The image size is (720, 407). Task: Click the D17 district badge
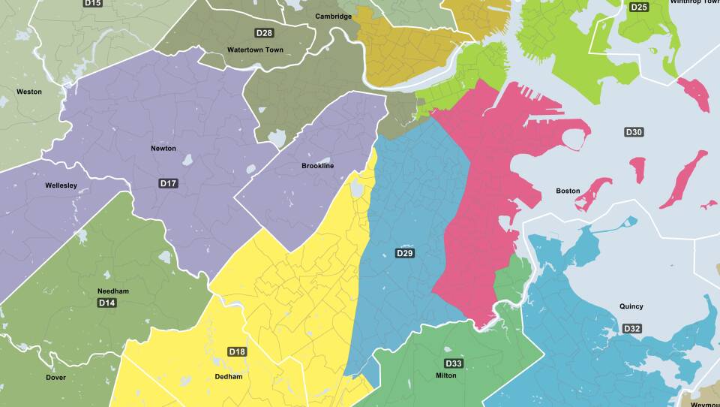[x=168, y=183]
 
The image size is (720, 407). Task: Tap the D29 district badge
[x=405, y=253]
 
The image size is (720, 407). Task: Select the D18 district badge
[x=237, y=351]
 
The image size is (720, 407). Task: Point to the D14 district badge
[x=107, y=303]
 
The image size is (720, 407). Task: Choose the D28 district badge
[x=264, y=33]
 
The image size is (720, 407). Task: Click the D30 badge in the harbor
[x=634, y=132]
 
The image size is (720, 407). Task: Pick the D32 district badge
[x=632, y=329]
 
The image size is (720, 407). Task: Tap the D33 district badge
[x=454, y=363]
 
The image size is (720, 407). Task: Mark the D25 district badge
[x=639, y=8]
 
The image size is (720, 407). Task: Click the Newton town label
[x=163, y=149]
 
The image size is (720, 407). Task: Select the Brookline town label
[x=317, y=166]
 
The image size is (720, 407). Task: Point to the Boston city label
[x=568, y=191]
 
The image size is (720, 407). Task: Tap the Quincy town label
[x=631, y=306]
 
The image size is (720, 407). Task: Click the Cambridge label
[x=333, y=17]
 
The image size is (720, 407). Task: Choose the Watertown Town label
[x=255, y=50]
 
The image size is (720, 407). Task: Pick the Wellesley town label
[x=61, y=185]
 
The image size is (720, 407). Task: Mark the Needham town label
[x=113, y=291]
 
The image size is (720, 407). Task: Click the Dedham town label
[x=228, y=377]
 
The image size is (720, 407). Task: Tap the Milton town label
[x=445, y=375]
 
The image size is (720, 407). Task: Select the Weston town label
[x=29, y=92]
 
